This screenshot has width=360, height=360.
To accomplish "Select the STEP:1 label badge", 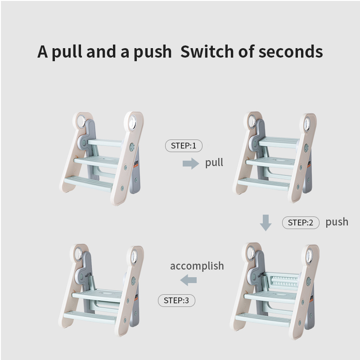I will click(x=184, y=146).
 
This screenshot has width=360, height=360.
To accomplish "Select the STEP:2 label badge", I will click(x=301, y=222).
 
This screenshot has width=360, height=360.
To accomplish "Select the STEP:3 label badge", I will click(x=176, y=301).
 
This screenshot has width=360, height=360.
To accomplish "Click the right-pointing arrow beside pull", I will click(x=190, y=163).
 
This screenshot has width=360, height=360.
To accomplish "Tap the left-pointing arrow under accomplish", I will click(x=188, y=281).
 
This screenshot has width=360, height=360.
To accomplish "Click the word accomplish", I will click(x=197, y=266).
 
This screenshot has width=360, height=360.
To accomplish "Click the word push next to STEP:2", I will click(x=337, y=222).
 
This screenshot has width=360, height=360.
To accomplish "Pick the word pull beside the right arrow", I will click(x=214, y=162).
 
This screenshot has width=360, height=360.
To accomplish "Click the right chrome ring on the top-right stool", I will click(x=307, y=123).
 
